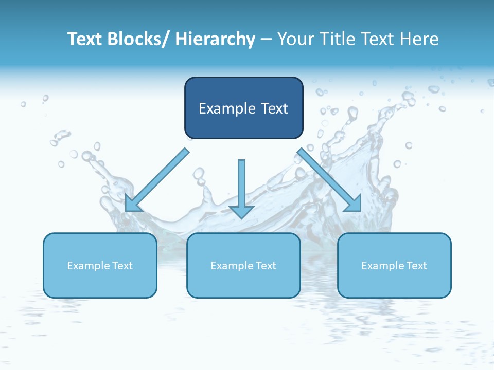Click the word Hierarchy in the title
(x=215, y=39)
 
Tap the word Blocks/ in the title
(x=140, y=39)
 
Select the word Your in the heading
(x=294, y=39)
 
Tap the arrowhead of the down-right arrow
(x=354, y=204)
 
